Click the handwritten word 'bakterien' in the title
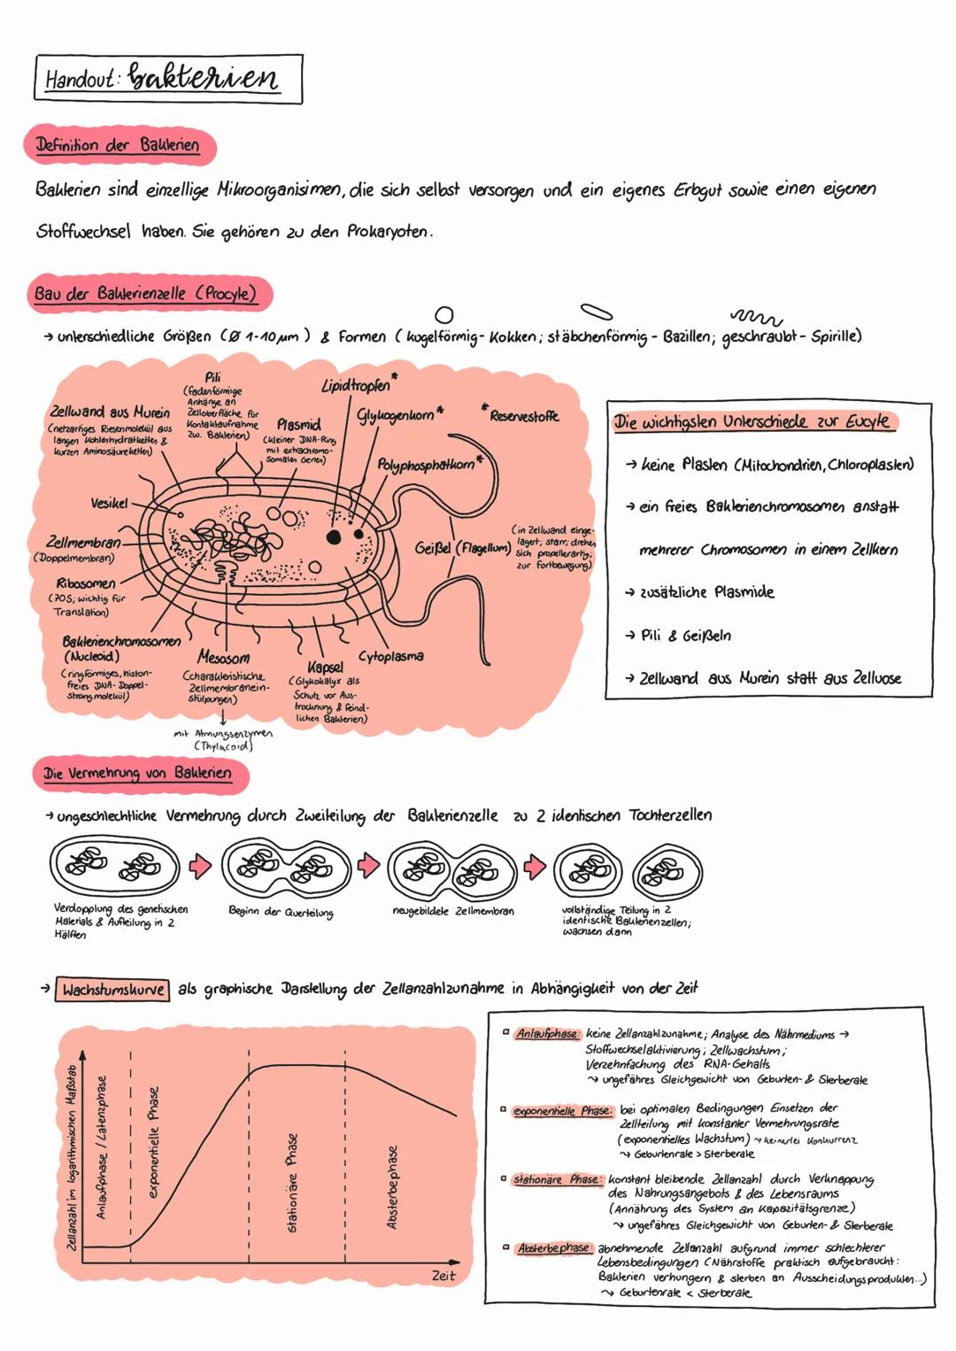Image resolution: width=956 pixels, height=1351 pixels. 204,79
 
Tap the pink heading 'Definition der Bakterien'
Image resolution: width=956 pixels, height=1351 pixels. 117,145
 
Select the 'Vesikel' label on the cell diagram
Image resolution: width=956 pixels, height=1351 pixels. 110,503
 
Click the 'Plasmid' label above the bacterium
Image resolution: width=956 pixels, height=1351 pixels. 298,425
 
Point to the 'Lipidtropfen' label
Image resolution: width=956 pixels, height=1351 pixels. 355,387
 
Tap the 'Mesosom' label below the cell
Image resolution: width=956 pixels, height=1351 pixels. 223,657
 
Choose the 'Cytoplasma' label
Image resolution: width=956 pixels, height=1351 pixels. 390,657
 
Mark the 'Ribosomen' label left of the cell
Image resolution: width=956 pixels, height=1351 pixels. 86,583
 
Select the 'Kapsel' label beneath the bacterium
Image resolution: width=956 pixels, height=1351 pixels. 325,666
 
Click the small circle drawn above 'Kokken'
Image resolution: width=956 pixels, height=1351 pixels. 445,314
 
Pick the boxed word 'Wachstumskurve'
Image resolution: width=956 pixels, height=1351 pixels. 113,989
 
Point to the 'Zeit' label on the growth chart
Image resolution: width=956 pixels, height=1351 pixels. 443,1275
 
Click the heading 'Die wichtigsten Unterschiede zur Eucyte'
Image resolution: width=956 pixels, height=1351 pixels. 752,422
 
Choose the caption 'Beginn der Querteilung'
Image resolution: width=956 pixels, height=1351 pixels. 281,911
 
